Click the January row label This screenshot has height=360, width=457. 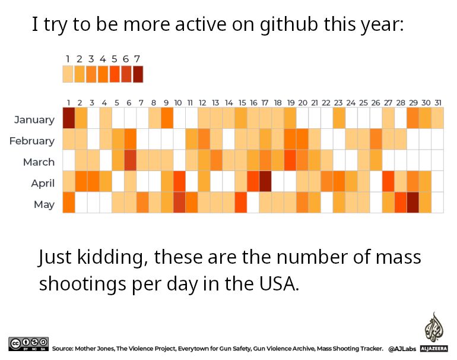(x=34, y=119)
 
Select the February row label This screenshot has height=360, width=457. (x=32, y=141)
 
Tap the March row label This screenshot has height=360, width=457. (x=39, y=162)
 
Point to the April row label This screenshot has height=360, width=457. (x=43, y=183)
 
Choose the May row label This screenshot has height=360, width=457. (x=44, y=204)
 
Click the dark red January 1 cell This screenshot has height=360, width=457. (x=68, y=119)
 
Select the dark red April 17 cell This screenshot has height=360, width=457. (x=265, y=182)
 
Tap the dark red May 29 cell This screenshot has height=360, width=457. (x=413, y=203)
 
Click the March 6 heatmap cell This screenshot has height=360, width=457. (x=130, y=160)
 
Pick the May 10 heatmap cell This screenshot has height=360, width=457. (x=179, y=203)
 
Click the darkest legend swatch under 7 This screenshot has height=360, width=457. (x=138, y=74)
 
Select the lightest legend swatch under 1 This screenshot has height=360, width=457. (x=68, y=74)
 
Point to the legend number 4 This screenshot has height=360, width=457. (x=103, y=59)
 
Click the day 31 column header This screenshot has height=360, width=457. (x=437, y=102)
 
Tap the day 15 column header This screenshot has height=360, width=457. (x=241, y=102)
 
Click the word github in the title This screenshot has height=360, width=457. (x=290, y=25)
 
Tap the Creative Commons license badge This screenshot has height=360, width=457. (x=28, y=343)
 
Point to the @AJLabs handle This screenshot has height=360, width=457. (x=402, y=349)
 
